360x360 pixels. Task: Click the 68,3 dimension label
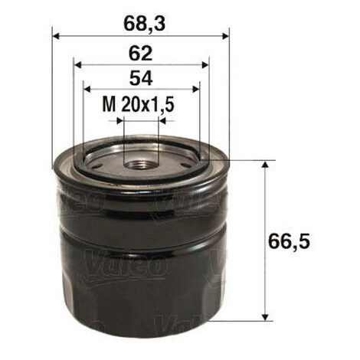(x=144, y=24)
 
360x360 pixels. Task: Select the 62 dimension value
(x=141, y=54)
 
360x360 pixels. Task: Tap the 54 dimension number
(x=141, y=78)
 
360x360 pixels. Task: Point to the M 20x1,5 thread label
(x=138, y=104)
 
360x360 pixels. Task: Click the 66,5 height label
(x=289, y=241)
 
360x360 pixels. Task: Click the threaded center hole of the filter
(x=141, y=165)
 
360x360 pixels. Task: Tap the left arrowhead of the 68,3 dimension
(x=56, y=36)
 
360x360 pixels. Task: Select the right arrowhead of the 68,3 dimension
(x=225, y=36)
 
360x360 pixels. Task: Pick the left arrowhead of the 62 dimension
(x=77, y=65)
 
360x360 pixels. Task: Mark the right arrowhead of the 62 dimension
(x=205, y=65)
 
